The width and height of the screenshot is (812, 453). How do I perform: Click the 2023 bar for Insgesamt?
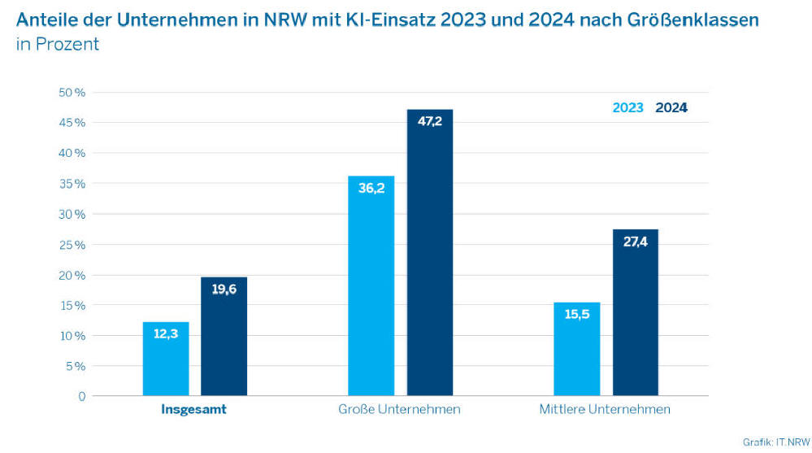[166, 359]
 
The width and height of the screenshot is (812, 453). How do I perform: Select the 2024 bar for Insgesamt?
[224, 337]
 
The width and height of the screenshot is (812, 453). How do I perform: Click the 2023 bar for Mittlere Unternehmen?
[577, 349]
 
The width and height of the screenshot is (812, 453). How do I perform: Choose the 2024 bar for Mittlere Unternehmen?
[635, 313]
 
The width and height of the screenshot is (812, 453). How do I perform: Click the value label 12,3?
[166, 334]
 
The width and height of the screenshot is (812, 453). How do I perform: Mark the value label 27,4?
[635, 242]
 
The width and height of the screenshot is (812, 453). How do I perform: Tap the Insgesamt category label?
[194, 409]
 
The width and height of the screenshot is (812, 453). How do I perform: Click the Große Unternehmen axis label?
[399, 409]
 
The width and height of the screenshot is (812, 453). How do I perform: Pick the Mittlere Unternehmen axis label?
[605, 409]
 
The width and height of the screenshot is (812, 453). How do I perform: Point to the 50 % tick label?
[72, 92]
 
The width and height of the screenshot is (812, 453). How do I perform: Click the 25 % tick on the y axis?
[72, 244]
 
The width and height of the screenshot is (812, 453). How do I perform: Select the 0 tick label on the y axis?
[82, 396]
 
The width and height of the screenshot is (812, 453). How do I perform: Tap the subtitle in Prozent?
[57, 44]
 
